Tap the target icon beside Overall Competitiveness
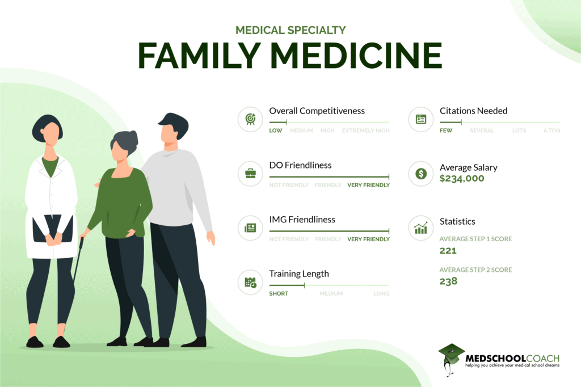point(250,119)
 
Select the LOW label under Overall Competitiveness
point(276,131)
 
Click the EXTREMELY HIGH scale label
point(365,131)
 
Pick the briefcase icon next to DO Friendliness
point(250,174)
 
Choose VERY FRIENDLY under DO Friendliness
point(368,185)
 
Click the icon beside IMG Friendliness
point(250,228)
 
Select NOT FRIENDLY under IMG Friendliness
point(289,239)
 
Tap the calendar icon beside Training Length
point(250,282)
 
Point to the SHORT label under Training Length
point(279,294)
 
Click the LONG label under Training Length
point(381,294)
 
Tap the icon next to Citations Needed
point(421,119)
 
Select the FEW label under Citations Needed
point(446,131)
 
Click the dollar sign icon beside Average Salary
point(421,174)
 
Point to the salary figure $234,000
point(462,179)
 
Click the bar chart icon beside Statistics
point(421,228)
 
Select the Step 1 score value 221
point(448,250)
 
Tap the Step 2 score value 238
point(448,281)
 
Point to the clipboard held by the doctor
point(52,230)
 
